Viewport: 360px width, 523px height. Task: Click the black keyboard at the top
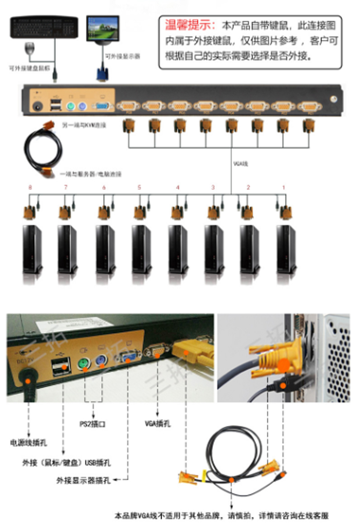click(44, 28)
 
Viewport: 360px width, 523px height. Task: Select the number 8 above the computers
click(30, 188)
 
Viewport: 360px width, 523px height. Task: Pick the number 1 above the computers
click(283, 188)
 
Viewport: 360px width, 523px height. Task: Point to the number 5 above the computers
click(139, 188)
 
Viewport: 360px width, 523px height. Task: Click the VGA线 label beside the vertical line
click(241, 164)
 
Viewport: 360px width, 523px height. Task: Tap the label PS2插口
click(92, 424)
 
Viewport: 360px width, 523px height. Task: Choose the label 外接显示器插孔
click(83, 480)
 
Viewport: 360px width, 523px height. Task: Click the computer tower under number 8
click(33, 249)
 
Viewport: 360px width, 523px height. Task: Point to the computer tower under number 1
click(286, 249)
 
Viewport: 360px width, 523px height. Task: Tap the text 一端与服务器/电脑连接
click(91, 174)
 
